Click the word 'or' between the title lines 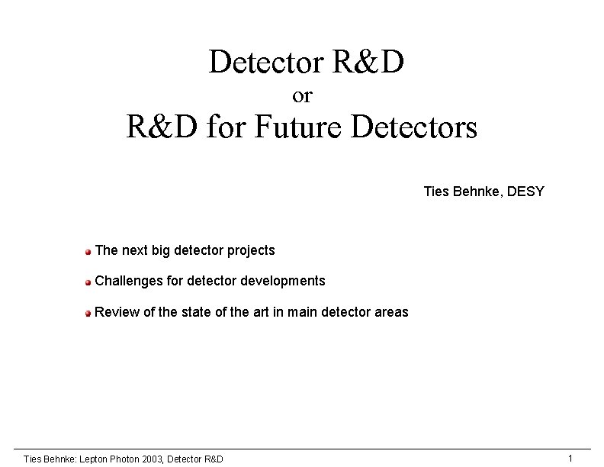[302, 96]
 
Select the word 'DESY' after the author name [525, 191]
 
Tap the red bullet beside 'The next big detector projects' [88, 251]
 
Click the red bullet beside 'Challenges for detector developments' [88, 282]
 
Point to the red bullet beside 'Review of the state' [88, 312]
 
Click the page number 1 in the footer [570, 458]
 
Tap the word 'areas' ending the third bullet [391, 311]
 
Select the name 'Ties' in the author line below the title [435, 191]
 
